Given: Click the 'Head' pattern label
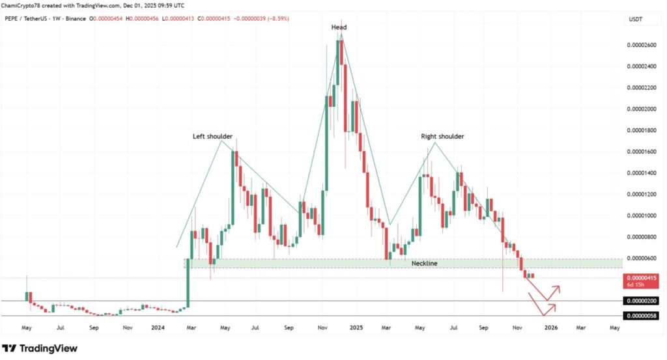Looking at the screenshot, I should pyautogui.click(x=339, y=27).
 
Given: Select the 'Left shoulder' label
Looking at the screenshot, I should pyautogui.click(x=212, y=137).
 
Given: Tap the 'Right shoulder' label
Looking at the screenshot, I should pyautogui.click(x=442, y=137).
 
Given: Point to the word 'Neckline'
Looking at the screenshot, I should pyautogui.click(x=424, y=264).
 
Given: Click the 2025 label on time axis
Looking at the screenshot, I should pyautogui.click(x=354, y=329).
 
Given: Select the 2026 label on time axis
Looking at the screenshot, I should pyautogui.click(x=550, y=329).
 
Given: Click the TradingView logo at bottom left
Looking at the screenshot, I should pyautogui.click(x=40, y=348).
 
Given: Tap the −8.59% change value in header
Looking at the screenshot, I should pyautogui.click(x=276, y=18).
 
